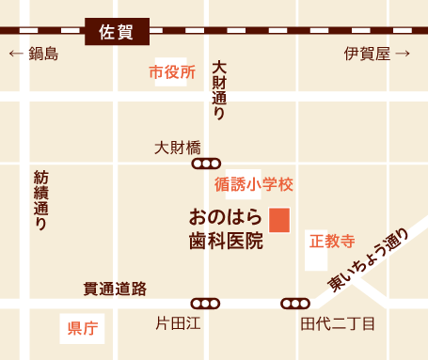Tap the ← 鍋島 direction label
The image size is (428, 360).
(x=34, y=54)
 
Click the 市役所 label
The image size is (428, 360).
(x=172, y=72)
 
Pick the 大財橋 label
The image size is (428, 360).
(x=178, y=148)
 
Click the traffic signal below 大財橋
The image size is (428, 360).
(x=205, y=164)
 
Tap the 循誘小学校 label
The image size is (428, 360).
(x=254, y=183)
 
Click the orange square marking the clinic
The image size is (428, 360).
(x=279, y=219)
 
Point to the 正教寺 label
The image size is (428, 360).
(x=332, y=240)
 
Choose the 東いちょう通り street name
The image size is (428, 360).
(x=369, y=258)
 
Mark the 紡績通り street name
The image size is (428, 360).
(x=40, y=200)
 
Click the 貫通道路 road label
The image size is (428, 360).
(x=114, y=289)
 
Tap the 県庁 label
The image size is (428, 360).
(x=83, y=328)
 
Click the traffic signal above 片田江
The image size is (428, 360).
(x=205, y=304)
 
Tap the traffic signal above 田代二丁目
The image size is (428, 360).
(x=295, y=304)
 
